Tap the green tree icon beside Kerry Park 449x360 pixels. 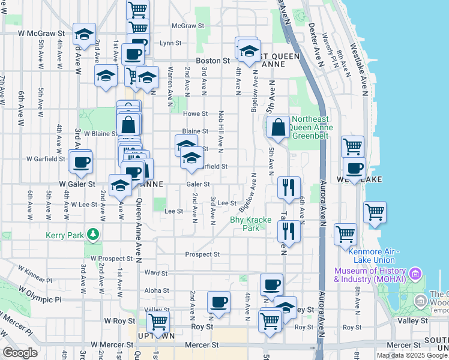(93, 233)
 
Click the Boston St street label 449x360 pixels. (213, 61)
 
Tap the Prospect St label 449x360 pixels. (202, 254)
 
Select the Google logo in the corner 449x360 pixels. (20, 353)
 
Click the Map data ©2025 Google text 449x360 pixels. (412, 355)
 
